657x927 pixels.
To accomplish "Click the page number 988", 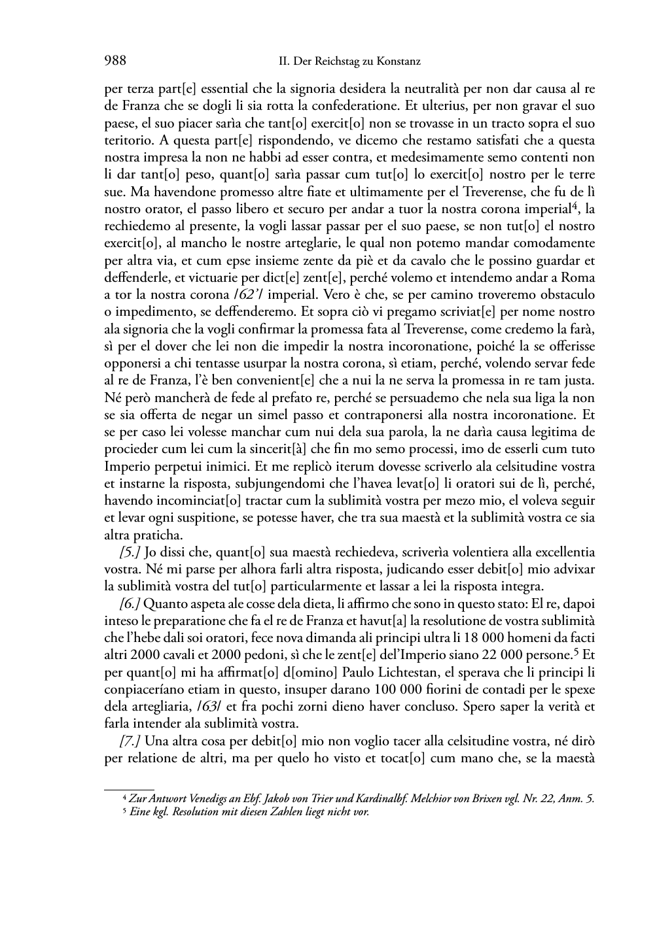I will [x=115, y=61].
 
